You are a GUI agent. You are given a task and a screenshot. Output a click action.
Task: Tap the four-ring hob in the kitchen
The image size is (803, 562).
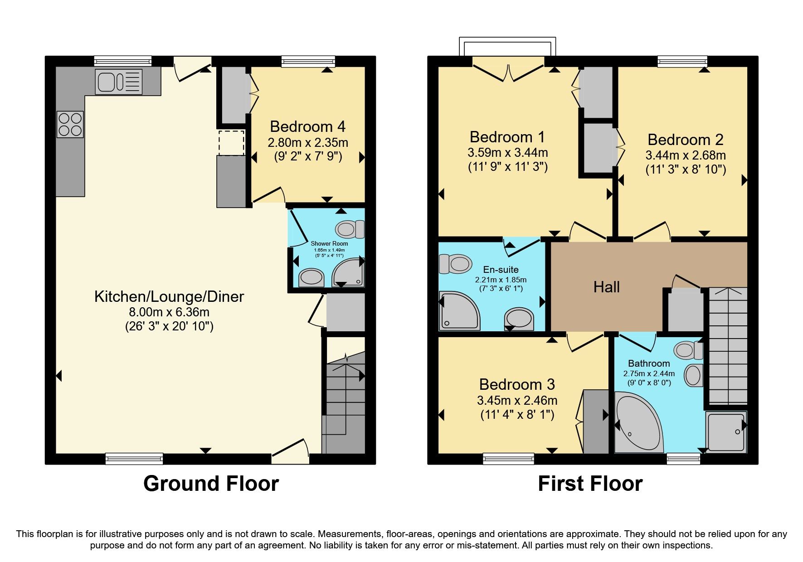[x=70, y=125]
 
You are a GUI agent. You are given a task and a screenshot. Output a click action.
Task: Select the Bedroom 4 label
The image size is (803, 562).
[x=307, y=126]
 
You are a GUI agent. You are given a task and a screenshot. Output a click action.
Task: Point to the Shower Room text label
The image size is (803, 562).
[x=329, y=243]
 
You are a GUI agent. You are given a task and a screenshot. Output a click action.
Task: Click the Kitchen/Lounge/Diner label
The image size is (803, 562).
[x=169, y=296]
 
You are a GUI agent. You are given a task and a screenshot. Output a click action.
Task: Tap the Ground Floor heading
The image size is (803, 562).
[x=211, y=484]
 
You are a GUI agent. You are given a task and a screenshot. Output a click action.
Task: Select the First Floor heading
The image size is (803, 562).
[x=590, y=484]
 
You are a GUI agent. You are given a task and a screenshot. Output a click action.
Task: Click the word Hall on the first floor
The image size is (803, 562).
[x=606, y=287]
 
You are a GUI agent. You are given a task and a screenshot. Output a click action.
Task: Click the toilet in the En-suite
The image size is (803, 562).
[x=455, y=263]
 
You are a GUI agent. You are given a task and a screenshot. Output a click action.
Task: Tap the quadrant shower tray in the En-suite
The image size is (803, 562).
[x=458, y=311]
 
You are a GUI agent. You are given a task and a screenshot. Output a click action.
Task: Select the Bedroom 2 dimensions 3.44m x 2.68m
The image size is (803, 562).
[x=685, y=155]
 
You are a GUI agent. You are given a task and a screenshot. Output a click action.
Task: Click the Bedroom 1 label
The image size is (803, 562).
[x=507, y=137]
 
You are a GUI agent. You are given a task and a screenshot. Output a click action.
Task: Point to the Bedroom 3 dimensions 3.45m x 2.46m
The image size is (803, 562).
[x=517, y=401]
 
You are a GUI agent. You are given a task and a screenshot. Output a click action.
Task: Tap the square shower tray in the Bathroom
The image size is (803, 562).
[x=725, y=431]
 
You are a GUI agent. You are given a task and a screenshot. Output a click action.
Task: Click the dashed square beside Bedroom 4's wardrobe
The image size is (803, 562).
[x=232, y=142]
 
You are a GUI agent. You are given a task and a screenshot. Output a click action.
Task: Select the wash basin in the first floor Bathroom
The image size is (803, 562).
[x=693, y=375]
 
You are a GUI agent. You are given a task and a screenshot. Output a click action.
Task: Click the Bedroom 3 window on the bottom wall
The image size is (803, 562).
[x=508, y=459]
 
